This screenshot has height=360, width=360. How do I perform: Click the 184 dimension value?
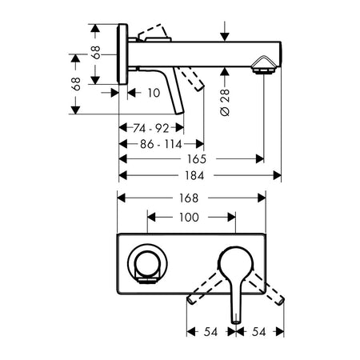(x=194, y=175)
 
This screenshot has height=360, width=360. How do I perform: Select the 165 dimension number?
(x=197, y=159)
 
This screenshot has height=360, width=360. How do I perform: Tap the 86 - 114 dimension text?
(x=161, y=144)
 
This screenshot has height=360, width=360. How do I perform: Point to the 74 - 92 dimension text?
(x=151, y=128)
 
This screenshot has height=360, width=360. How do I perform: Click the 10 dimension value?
(x=154, y=93)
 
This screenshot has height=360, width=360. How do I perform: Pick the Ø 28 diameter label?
(x=225, y=102)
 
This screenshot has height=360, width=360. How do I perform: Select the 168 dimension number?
(x=189, y=198)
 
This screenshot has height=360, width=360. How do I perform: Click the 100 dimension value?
(x=189, y=218)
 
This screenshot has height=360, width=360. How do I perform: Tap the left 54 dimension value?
(x=210, y=332)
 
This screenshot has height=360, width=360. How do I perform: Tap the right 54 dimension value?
(x=259, y=332)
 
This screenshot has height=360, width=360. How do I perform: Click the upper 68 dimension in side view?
(x=96, y=52)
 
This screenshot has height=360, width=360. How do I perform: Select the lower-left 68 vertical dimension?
(x=76, y=84)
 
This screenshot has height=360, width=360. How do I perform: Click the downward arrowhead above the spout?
(x=225, y=37)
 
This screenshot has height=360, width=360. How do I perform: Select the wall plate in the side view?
(x=122, y=54)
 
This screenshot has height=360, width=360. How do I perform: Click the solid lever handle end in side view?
(x=180, y=112)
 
